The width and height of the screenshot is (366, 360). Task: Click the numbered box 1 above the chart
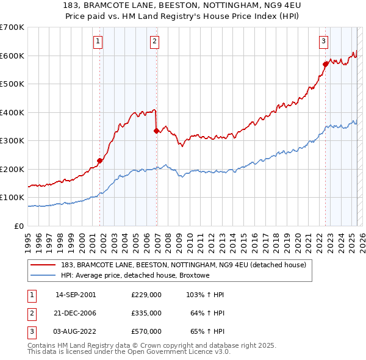pos(98,41)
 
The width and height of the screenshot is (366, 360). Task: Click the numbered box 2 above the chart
pos(155,41)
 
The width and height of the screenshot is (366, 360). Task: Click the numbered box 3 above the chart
pos(323,41)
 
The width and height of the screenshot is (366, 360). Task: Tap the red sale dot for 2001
pos(99,161)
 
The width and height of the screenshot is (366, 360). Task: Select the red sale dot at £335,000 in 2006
pos(157,131)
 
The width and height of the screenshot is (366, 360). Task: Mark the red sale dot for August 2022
pos(325,63)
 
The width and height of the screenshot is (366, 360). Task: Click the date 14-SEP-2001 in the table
pos(76,295)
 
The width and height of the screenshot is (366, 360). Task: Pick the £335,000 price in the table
pos(146,313)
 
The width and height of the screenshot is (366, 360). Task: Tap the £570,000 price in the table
pos(146,331)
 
